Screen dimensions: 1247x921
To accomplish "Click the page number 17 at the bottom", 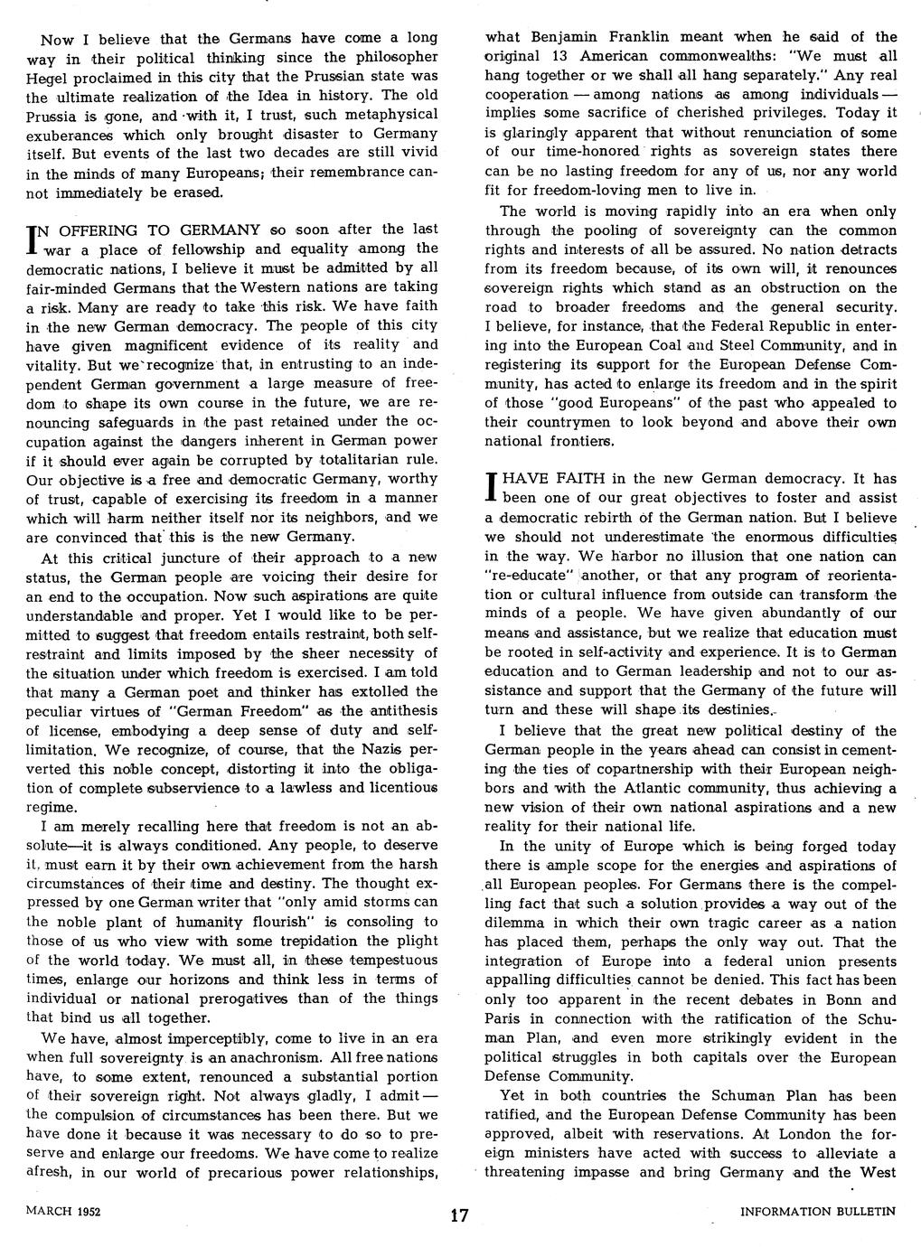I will click(x=459, y=1214).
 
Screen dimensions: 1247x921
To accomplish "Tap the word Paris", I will click(x=503, y=1018).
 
